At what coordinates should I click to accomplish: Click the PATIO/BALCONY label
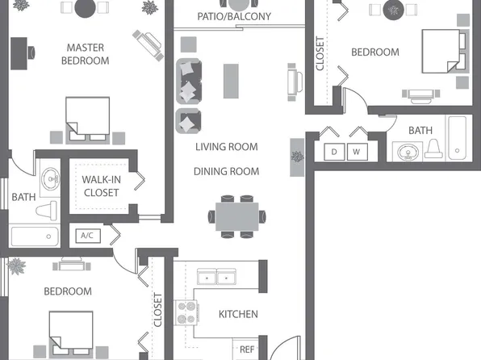pyautogui.click(x=234, y=16)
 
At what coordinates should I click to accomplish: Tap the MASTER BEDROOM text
pyautogui.click(x=86, y=54)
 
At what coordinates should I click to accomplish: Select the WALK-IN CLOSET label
pyautogui.click(x=101, y=186)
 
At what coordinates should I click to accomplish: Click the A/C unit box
pyautogui.click(x=87, y=236)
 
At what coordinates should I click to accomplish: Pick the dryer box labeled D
pyautogui.click(x=334, y=152)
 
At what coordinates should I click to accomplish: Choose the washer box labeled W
pyautogui.click(x=356, y=152)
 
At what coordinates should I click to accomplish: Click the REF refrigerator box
pyautogui.click(x=247, y=350)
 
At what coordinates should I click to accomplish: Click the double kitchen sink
pyautogui.click(x=217, y=278)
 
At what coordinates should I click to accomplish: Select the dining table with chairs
pyautogui.click(x=236, y=215)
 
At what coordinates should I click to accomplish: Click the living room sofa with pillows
pyautogui.click(x=188, y=95)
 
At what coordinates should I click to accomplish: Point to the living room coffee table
pyautogui.click(x=232, y=80)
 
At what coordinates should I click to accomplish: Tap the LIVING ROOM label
pyautogui.click(x=226, y=147)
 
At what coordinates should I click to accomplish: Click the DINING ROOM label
pyautogui.click(x=226, y=171)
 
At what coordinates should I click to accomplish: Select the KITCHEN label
pyautogui.click(x=238, y=314)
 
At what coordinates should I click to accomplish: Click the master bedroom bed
pyautogui.click(x=88, y=117)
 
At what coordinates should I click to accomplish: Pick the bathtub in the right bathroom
pyautogui.click(x=458, y=139)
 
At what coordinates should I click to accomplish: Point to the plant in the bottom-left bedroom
pyautogui.click(x=15, y=264)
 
